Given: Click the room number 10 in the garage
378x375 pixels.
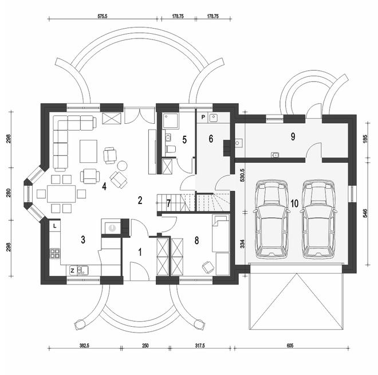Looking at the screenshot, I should click(x=294, y=203).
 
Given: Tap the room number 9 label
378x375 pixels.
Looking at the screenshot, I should click(x=293, y=136).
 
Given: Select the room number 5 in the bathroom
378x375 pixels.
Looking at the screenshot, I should click(x=184, y=139).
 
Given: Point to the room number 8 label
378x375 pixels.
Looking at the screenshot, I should click(x=197, y=240).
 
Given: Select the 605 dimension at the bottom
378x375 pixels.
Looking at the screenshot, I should click(x=291, y=346).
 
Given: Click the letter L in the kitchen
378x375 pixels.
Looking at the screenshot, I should click(x=54, y=226).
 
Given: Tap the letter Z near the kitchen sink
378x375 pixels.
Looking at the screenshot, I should click(x=72, y=269).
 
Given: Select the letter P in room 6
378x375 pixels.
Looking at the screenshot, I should click(x=203, y=117).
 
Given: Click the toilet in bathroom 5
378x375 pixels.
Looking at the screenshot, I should click(x=170, y=149).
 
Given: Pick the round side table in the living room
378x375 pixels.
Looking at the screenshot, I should click(x=122, y=165).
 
